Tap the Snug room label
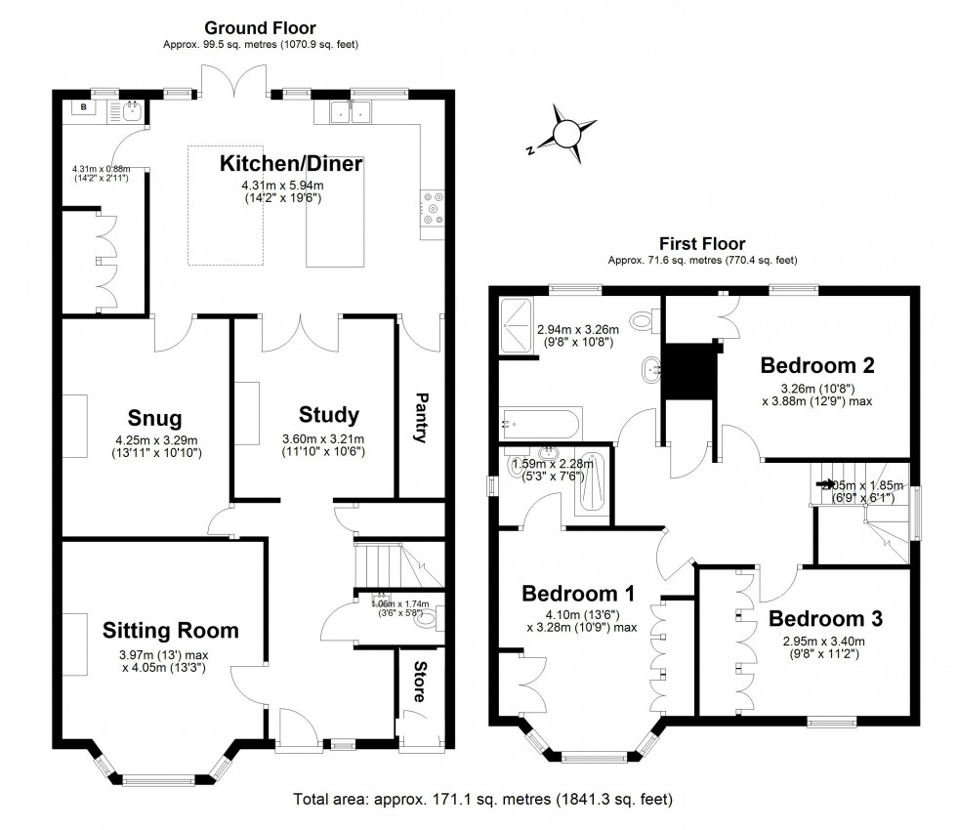tap(154, 418)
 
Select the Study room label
tap(329, 414)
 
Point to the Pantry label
tap(422, 417)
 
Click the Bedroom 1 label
tap(578, 593)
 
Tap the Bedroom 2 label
tap(816, 365)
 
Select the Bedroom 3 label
tap(825, 618)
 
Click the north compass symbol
tap(565, 135)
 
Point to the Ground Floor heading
tap(260, 28)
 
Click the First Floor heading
tap(702, 244)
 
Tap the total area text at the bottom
tap(483, 800)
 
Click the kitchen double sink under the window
tap(351, 113)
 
